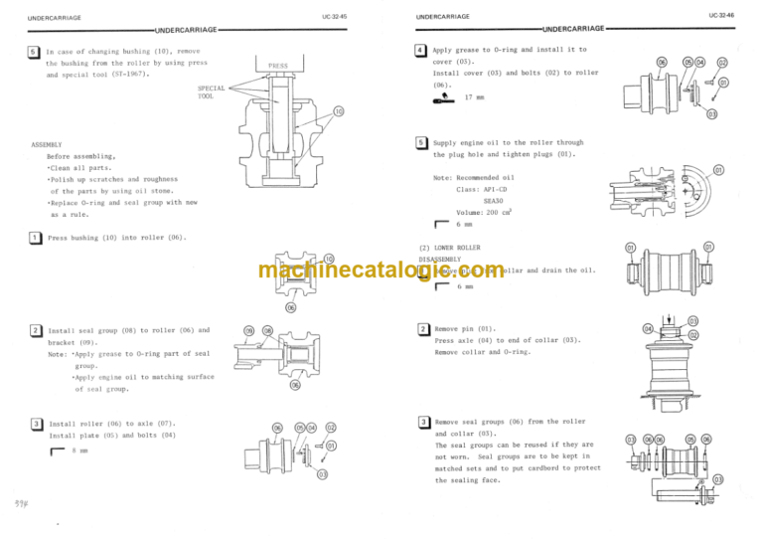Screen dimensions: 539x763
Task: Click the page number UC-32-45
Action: point(335,17)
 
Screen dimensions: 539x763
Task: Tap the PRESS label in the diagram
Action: point(278,66)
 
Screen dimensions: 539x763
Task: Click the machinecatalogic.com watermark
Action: point(381,270)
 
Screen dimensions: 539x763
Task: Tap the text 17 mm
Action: point(475,97)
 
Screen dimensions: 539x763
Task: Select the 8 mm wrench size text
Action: point(79,450)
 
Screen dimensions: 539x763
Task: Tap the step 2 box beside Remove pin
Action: point(423,328)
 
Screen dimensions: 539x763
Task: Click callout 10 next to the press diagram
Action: point(338,110)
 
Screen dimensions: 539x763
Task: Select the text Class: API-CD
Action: point(486,189)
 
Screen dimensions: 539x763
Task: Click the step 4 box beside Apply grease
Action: point(422,49)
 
